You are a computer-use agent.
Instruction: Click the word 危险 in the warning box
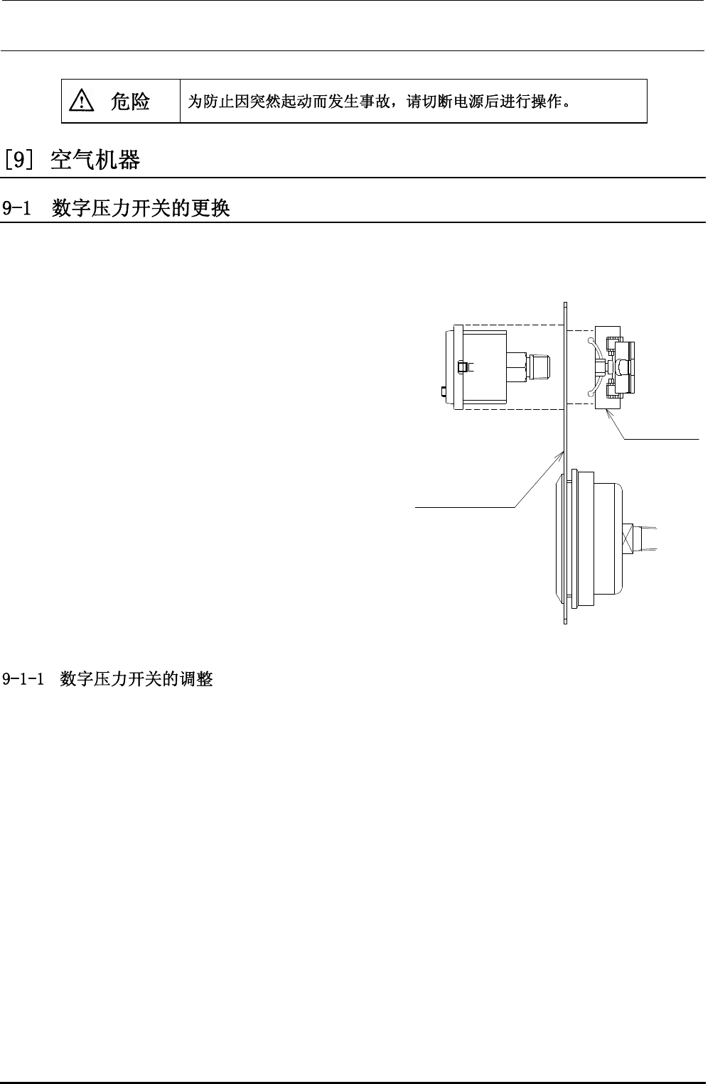[130, 102]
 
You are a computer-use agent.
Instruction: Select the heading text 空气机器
[96, 161]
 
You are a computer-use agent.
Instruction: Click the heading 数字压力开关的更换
[141, 209]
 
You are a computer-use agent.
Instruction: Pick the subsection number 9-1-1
[27, 679]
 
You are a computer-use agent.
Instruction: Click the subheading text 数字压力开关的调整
[136, 679]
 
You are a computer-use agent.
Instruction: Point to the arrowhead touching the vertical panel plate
[562, 452]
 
